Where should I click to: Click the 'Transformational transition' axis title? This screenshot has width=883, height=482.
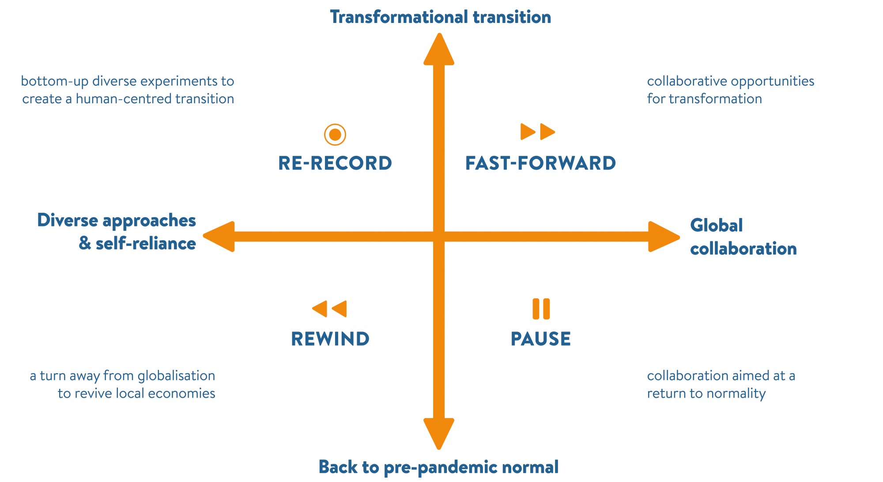tap(441, 17)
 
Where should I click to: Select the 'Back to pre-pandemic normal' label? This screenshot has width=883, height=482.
tap(439, 467)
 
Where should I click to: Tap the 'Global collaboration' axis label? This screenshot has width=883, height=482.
tap(743, 237)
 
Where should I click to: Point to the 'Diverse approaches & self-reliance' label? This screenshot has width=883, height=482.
tap(117, 232)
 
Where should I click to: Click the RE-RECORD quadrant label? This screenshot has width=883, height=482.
tap(335, 163)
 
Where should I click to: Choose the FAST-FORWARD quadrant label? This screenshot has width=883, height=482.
tap(541, 163)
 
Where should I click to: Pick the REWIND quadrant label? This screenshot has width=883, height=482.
tap(330, 339)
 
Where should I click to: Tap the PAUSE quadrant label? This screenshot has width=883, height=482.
tap(541, 339)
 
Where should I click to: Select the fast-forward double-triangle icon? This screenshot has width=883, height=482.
tap(538, 132)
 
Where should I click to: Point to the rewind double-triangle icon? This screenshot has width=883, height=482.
tap(329, 309)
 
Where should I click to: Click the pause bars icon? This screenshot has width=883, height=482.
tap(541, 309)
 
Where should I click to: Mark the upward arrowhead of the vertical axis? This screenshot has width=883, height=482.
tap(439, 49)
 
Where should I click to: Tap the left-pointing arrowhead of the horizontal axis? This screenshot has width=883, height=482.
tap(219, 237)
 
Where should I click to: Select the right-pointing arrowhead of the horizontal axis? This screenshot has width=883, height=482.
tap(664, 237)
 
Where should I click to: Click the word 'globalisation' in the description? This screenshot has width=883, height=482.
tap(176, 376)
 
